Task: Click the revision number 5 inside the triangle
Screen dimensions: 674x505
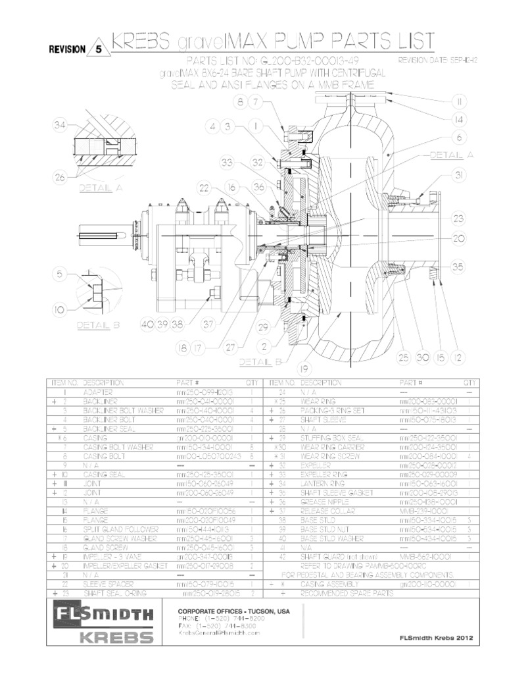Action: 99,48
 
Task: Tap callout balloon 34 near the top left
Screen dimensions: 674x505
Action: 62,126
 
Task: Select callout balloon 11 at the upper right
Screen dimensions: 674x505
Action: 458,102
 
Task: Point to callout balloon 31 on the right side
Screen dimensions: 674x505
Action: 458,174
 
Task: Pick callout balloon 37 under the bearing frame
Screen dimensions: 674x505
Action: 209,324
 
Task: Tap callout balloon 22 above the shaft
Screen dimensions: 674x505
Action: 204,188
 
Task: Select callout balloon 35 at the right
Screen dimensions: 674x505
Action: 458,267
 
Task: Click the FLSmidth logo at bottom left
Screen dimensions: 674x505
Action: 105,615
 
